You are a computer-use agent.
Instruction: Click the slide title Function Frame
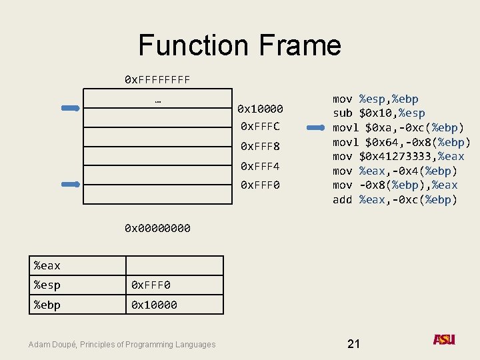click(x=239, y=45)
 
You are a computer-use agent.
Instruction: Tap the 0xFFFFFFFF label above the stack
click(x=157, y=80)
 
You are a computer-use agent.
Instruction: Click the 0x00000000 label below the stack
click(x=157, y=229)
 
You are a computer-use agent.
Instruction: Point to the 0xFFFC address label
click(x=260, y=127)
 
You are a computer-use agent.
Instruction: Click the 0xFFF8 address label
click(x=260, y=146)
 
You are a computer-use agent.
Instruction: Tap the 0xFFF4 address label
click(x=260, y=165)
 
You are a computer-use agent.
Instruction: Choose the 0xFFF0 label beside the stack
click(x=260, y=185)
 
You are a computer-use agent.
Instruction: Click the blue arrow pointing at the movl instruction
click(x=311, y=127)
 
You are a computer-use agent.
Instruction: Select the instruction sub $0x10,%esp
click(x=379, y=113)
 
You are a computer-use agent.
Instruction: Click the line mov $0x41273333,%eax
click(x=398, y=157)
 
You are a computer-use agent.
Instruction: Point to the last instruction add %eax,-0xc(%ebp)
click(x=395, y=200)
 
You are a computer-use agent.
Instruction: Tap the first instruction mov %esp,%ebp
click(x=375, y=99)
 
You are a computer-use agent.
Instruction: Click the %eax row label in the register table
click(x=47, y=266)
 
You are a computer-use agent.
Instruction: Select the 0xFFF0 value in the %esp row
click(x=151, y=285)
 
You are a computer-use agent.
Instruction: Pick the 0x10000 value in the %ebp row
click(x=154, y=305)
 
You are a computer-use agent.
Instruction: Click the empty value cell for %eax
click(x=175, y=266)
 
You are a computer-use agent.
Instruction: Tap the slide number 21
click(x=353, y=343)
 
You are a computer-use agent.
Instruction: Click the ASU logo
click(x=444, y=340)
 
